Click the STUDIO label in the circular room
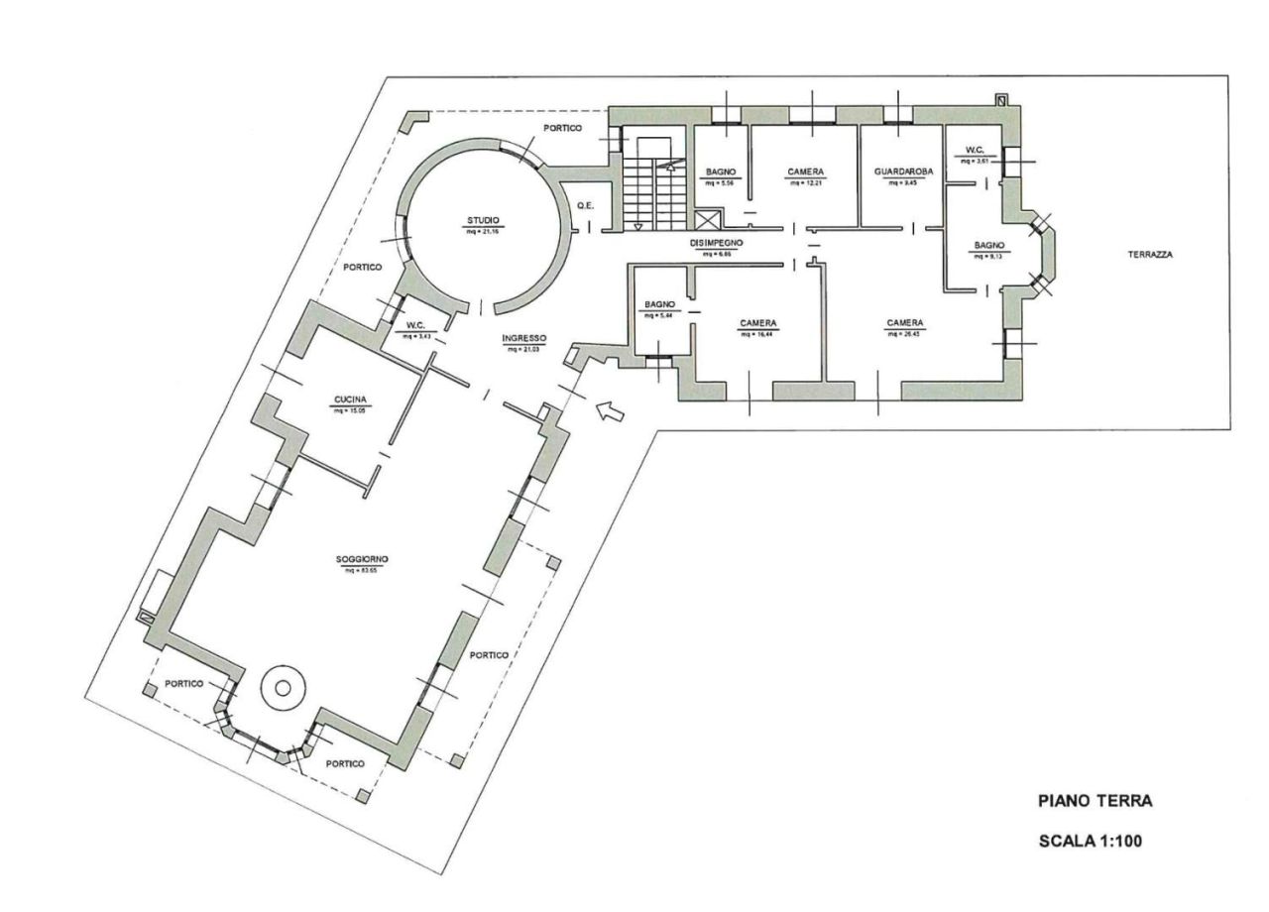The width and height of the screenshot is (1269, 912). (484, 220)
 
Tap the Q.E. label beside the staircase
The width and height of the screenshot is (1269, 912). (586, 205)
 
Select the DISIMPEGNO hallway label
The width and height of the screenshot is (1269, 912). (717, 243)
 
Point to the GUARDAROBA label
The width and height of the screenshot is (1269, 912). (903, 171)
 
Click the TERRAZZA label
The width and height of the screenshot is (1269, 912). (1149, 254)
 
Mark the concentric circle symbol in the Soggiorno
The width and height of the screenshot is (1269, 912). (281, 687)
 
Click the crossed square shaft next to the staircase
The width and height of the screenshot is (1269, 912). (709, 221)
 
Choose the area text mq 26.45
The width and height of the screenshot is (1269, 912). (906, 334)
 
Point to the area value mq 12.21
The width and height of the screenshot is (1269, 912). (806, 182)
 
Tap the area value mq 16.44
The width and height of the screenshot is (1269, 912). (755, 334)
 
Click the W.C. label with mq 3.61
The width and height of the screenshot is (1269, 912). (968, 152)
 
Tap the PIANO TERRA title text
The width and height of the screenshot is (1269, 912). (1095, 800)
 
